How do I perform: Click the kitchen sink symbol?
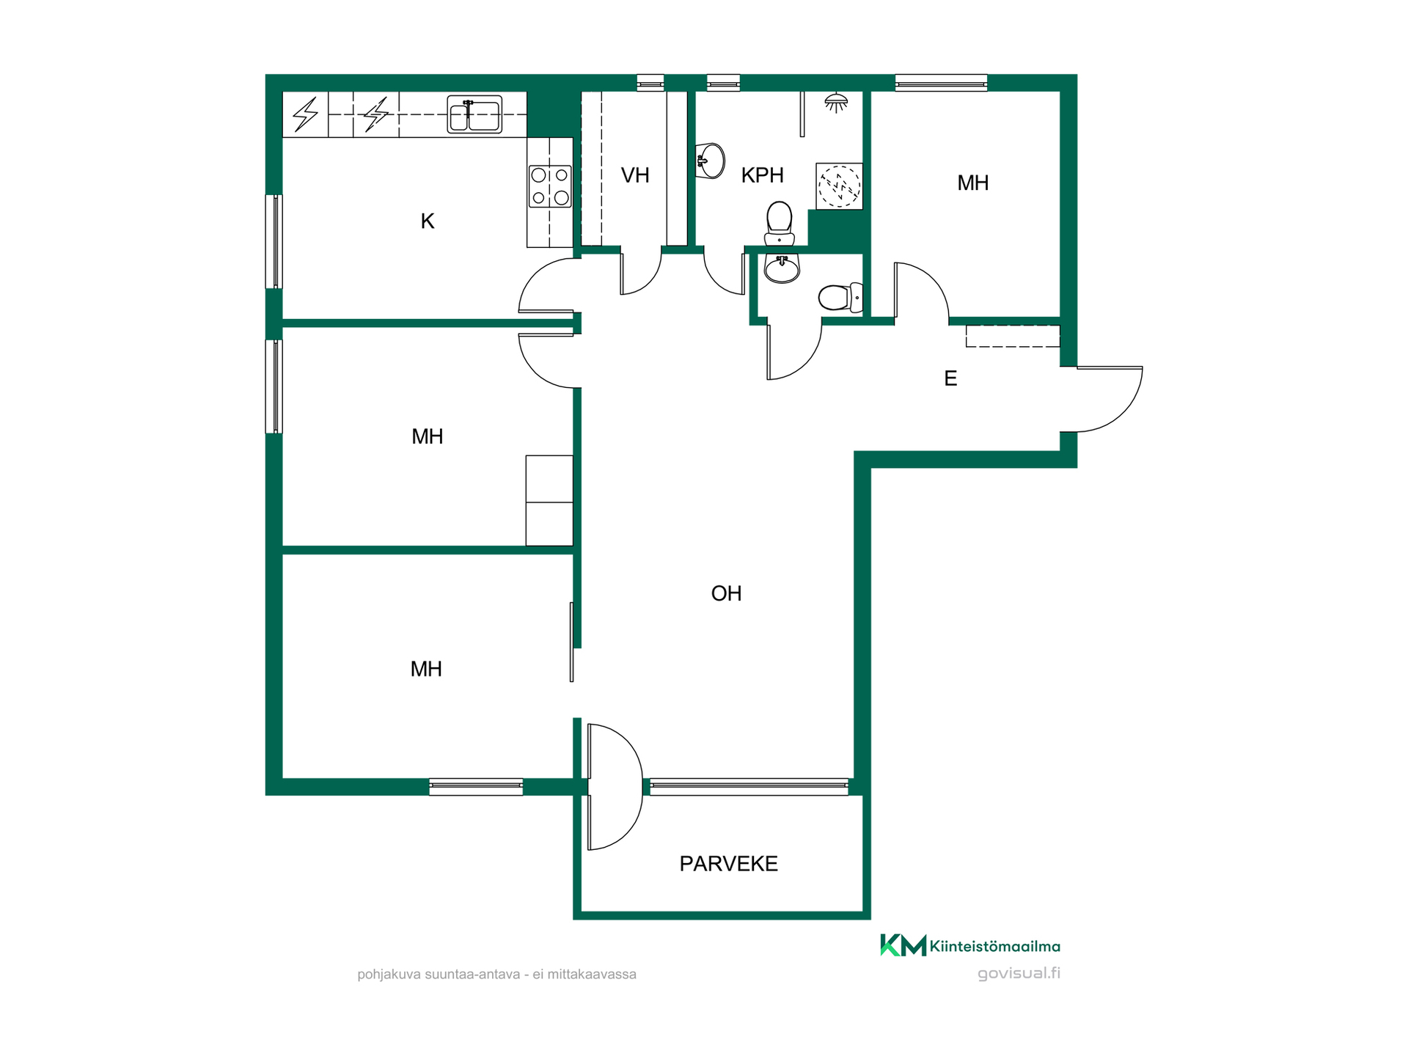coord(474,115)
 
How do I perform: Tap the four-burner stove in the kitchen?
coord(550,186)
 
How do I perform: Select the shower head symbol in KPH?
coord(836,103)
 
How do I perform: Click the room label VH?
coord(635,175)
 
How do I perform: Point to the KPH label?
coord(762,175)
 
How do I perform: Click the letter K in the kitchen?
coord(428,221)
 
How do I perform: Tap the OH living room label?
coord(726,593)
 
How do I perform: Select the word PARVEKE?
coord(728,864)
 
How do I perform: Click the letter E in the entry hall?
coord(950,378)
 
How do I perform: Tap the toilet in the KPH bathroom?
coord(779,224)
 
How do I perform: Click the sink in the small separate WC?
coord(782,268)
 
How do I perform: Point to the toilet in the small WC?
coord(840,297)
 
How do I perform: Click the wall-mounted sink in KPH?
coord(710,161)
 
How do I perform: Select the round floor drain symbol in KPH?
coord(839,186)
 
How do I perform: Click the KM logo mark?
coord(903,945)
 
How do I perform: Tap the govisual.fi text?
coord(1019,974)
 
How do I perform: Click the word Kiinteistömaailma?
coord(995,947)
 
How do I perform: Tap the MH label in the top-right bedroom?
coord(972,183)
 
